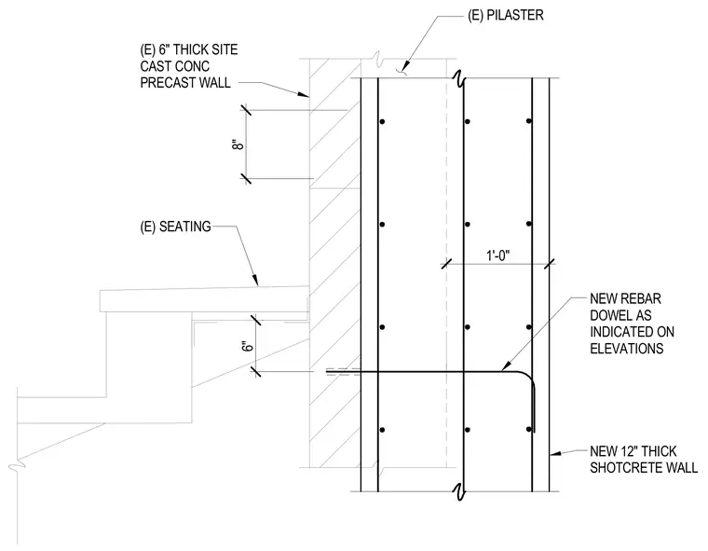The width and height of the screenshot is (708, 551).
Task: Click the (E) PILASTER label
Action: pyautogui.click(x=506, y=15)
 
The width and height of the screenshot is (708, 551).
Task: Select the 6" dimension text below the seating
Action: pyautogui.click(x=248, y=346)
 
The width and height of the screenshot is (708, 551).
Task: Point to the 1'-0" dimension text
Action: pyautogui.click(x=498, y=255)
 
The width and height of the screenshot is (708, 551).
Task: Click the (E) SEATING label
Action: pyautogui.click(x=176, y=227)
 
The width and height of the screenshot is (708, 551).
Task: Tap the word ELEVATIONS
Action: pyautogui.click(x=627, y=349)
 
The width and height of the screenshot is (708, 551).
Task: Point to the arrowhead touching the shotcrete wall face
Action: pyautogui.click(x=554, y=452)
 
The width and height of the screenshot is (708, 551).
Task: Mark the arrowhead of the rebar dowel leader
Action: pyautogui.click(x=507, y=365)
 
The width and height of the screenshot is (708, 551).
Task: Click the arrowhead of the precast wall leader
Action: pyautogui.click(x=303, y=94)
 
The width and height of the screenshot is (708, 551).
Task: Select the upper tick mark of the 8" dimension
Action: pyautogui.click(x=246, y=110)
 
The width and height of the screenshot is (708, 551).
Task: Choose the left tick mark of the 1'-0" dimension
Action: pyautogui.click(x=446, y=264)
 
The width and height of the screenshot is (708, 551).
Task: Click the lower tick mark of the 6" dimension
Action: pyautogui.click(x=255, y=372)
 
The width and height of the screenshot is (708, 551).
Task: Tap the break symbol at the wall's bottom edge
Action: pyautogui.click(x=459, y=491)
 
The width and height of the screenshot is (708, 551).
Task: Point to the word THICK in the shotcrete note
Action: pyautogui.click(x=659, y=451)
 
